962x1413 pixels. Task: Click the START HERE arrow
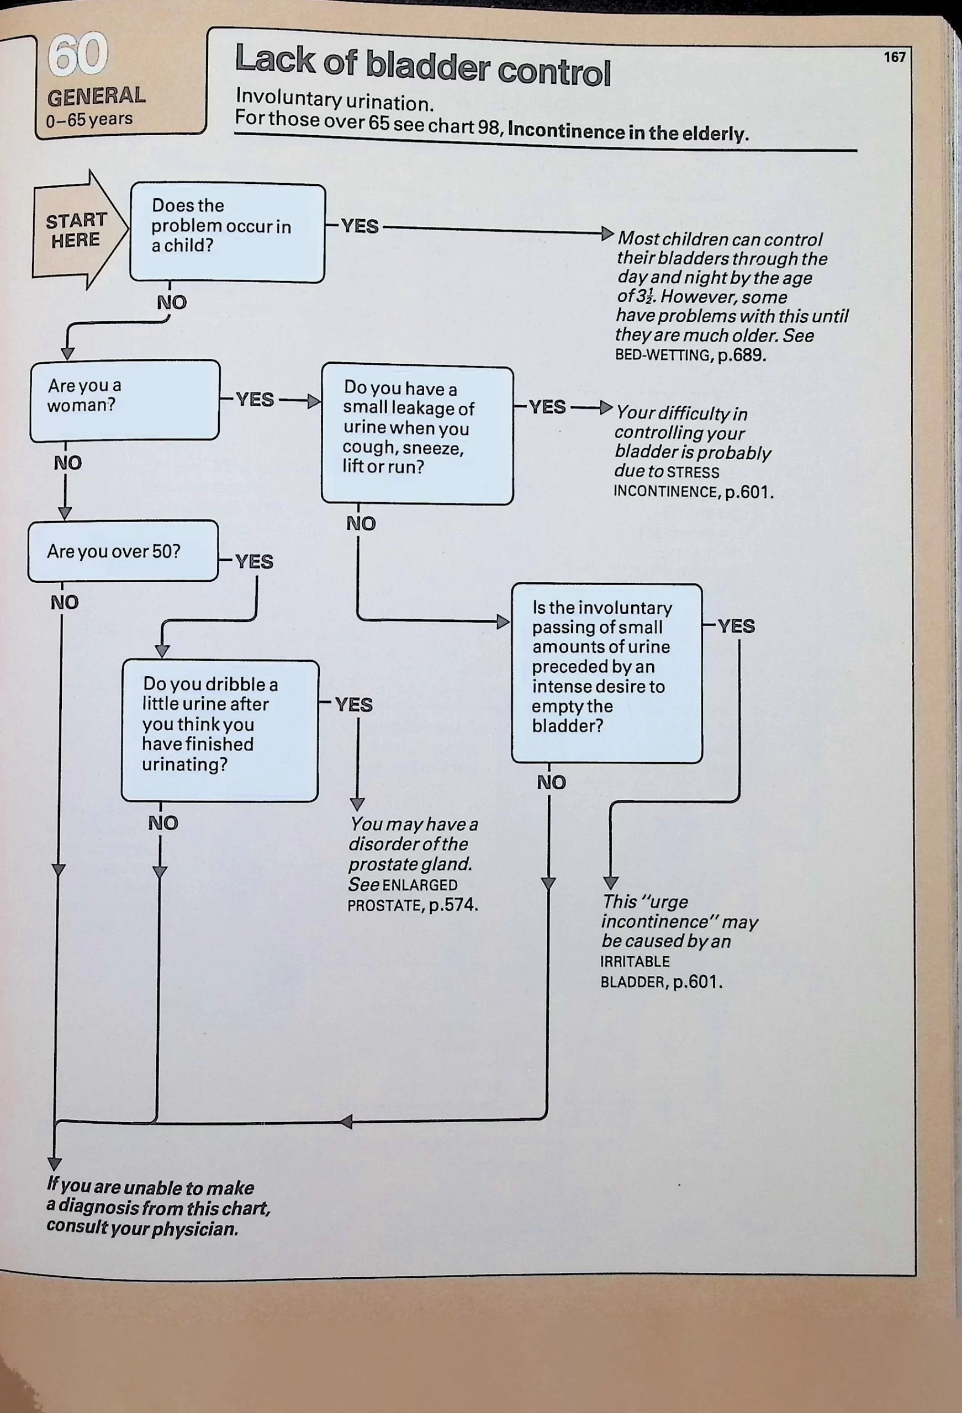[76, 230]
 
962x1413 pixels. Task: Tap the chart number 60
[78, 56]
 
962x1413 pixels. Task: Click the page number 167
[895, 57]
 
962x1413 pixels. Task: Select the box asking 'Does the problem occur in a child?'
[228, 233]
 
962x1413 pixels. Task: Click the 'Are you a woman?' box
[125, 400]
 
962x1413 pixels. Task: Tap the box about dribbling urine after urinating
[220, 731]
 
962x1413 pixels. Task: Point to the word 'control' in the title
[554, 73]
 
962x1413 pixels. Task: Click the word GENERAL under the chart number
[96, 97]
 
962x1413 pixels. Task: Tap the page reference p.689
[741, 355]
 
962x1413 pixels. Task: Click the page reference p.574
[453, 906]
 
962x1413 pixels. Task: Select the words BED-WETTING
[662, 355]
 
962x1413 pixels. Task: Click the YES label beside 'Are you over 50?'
[255, 561]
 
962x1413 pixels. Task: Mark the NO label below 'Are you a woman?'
[67, 463]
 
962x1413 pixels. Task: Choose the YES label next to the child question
[360, 226]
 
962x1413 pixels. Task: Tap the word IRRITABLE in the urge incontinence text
[635, 962]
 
